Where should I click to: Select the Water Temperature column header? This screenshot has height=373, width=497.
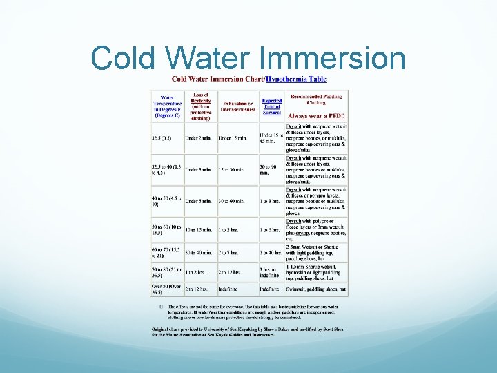pos(167,107)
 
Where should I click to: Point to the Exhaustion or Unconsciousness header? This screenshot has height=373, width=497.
pos(238,106)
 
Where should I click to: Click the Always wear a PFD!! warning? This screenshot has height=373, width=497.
pos(317,117)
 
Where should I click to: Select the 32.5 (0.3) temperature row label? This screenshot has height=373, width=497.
pos(163,138)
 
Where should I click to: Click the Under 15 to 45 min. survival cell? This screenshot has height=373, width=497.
pos(271,138)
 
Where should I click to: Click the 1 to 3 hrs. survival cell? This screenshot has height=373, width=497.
pos(271,201)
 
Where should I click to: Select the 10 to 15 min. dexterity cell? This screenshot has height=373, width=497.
pos(199,229)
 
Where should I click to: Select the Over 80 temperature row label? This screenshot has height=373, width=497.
pos(166,289)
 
